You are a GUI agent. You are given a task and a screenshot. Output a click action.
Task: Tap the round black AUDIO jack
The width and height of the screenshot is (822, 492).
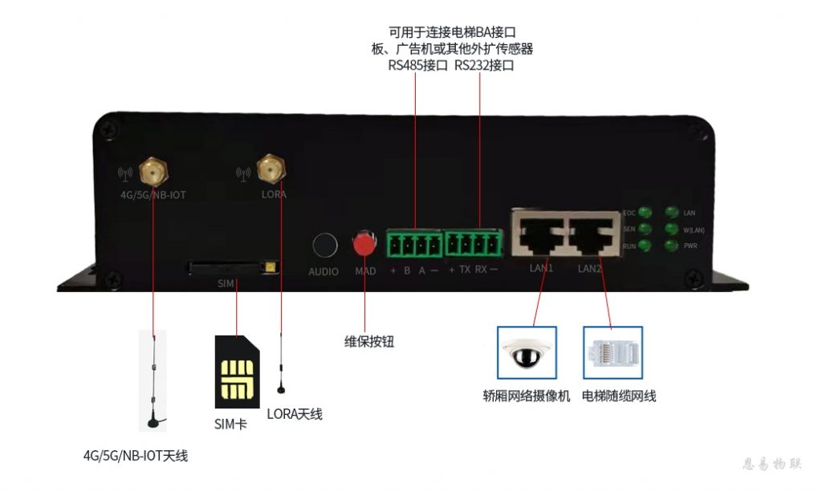324,244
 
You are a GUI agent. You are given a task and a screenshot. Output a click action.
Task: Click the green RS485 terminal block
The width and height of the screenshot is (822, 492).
415,243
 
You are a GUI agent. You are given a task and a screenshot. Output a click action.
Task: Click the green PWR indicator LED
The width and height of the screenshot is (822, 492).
669,246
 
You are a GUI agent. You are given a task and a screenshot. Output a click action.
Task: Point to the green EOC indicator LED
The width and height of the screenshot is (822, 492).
645,213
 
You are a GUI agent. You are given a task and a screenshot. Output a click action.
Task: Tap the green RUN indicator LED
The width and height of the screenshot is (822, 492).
645,246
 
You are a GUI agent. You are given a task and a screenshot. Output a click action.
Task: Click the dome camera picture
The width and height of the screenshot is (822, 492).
526,353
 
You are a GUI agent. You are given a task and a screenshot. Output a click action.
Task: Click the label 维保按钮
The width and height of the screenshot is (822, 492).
369,341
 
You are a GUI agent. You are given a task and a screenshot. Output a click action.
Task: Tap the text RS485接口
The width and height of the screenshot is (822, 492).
417,66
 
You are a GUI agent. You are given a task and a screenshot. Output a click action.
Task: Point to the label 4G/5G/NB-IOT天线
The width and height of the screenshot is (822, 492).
136,456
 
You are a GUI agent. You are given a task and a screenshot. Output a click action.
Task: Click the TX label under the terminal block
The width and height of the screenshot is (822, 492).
465,270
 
